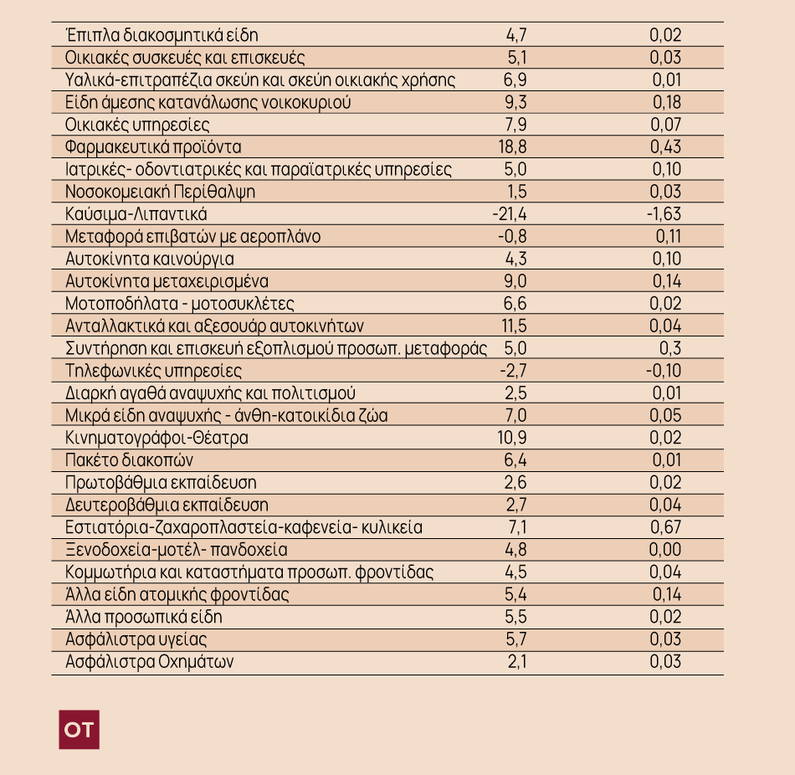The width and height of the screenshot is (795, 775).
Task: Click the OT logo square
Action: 79,729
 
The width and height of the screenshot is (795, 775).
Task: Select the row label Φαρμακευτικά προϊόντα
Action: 153,147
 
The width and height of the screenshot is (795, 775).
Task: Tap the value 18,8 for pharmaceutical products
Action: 513,147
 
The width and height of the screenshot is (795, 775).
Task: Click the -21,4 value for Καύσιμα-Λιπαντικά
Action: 510,214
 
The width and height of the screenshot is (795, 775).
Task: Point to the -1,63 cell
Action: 664,214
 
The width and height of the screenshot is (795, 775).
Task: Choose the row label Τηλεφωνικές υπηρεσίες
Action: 153,371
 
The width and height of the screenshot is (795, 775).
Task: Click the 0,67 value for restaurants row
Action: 666,527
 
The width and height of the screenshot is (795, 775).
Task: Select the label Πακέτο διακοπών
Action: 129,460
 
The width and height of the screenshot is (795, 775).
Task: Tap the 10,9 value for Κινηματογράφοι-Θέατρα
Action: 512,438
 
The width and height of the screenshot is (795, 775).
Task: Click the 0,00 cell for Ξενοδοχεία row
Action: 665,549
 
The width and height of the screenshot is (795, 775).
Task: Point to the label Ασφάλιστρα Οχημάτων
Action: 150,661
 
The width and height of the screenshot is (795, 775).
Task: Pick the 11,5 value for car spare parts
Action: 514,326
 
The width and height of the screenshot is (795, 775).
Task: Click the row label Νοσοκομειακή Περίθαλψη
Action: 160,192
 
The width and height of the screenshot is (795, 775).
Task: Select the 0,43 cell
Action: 666,147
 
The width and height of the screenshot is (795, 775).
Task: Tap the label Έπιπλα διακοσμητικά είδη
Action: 162,35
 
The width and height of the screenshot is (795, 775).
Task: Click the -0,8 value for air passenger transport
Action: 512,236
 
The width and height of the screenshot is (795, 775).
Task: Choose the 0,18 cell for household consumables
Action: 667,102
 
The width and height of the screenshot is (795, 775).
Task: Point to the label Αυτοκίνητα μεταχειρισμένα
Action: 167,281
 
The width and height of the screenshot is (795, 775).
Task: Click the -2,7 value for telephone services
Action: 513,371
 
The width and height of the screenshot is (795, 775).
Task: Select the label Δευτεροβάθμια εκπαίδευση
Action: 167,505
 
